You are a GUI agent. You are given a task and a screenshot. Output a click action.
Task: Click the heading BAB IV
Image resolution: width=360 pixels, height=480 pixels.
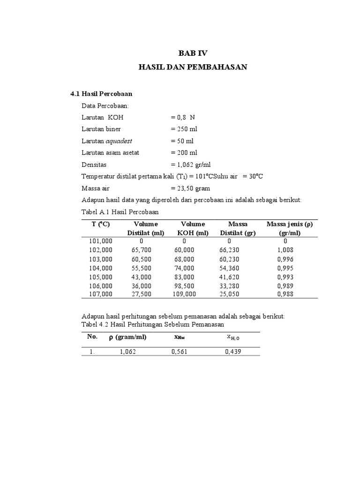[192, 53]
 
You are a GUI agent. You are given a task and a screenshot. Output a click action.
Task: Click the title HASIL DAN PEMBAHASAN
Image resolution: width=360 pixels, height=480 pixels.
[193, 67]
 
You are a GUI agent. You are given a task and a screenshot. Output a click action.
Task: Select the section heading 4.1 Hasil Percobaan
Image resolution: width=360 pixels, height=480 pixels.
[101, 94]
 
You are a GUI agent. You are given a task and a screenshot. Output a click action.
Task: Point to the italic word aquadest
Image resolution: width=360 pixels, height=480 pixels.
[120, 141]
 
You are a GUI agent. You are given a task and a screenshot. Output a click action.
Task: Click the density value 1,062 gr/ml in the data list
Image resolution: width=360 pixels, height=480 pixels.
[191, 165]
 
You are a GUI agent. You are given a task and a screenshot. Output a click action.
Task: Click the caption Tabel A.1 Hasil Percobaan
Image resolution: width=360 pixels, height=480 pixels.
[120, 212]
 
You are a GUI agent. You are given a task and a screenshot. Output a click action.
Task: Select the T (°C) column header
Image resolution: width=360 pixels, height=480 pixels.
[101, 224]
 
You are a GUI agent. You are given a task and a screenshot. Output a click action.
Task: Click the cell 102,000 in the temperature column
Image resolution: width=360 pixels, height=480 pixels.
[101, 250]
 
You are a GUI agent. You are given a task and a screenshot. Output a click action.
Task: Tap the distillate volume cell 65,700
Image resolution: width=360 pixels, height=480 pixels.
[142, 250]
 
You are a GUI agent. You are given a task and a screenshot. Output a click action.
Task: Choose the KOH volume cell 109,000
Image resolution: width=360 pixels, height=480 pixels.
[184, 294]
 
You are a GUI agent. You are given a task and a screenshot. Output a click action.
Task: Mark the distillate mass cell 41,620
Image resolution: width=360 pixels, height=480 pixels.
[229, 277]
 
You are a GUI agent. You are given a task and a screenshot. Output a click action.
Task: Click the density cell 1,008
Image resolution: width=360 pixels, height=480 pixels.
[285, 250]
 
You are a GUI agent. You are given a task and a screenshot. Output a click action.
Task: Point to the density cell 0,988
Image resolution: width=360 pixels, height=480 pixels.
[285, 294]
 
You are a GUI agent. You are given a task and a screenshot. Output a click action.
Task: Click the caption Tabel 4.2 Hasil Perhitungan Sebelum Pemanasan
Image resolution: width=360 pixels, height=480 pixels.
[153, 324]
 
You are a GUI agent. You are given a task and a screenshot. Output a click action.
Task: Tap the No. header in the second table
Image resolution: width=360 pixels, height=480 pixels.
[92, 337]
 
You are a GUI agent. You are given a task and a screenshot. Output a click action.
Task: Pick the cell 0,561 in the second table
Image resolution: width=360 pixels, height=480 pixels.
[180, 351]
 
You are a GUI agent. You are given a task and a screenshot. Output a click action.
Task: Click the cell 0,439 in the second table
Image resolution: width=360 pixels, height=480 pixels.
[233, 351]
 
